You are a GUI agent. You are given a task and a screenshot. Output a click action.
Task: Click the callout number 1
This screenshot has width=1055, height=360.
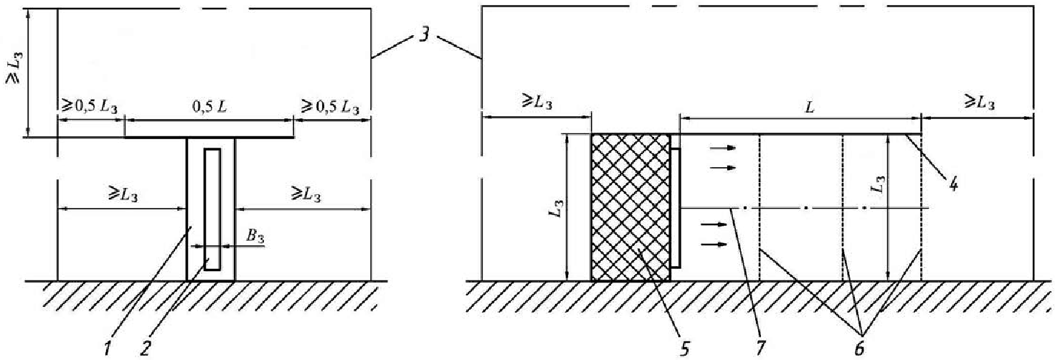tap(108, 348)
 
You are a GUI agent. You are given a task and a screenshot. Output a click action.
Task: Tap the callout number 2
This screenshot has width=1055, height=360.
tap(146, 348)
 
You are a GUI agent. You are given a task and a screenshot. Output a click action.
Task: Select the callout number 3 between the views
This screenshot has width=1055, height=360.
tap(424, 35)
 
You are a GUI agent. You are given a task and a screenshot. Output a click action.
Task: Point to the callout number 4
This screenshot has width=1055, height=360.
tap(953, 184)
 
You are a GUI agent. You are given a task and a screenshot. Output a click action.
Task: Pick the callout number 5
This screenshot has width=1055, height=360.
tap(684, 349)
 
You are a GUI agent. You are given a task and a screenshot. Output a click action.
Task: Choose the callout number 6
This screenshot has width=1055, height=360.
tap(859, 349)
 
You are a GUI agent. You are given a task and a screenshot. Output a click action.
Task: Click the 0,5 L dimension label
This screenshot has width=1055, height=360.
tap(209, 106)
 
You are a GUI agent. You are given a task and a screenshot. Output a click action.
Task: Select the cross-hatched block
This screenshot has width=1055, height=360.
tap(630, 207)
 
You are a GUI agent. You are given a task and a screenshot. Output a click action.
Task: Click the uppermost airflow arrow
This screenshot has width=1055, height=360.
tap(723, 148)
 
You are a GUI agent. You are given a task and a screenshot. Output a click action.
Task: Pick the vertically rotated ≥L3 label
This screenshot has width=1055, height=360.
tap(14, 67)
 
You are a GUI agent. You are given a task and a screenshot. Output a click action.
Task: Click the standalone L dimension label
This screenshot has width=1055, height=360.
tap(809, 108)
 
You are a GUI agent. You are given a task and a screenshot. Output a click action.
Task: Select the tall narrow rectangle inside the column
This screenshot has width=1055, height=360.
tap(212, 209)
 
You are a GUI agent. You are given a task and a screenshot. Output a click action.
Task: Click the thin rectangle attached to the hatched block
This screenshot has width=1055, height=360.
tap(676, 208)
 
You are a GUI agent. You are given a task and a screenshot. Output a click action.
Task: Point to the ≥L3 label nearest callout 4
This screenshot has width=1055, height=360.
tap(979, 101)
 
